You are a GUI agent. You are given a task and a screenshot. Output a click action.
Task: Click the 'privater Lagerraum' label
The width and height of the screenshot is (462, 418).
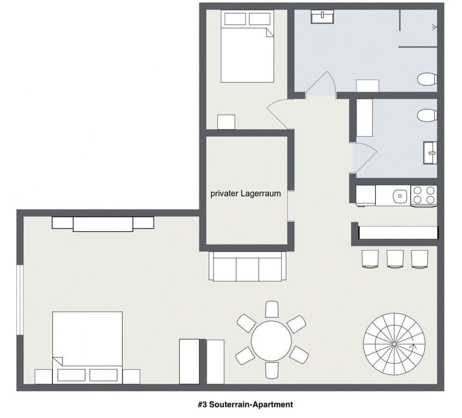coord(245,194)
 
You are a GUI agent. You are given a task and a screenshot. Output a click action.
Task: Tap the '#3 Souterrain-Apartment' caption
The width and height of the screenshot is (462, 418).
coord(245,405)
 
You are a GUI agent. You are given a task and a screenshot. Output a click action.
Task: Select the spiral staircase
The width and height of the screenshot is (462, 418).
coord(394,343)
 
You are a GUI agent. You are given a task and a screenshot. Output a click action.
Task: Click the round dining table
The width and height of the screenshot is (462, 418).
coord(271,341)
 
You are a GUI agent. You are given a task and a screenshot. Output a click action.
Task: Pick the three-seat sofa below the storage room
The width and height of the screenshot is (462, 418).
coord(247,267)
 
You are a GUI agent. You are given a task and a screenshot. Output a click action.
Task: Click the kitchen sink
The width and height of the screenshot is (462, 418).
coord(399,195)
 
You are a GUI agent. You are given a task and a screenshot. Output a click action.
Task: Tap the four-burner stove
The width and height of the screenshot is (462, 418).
coord(423,195)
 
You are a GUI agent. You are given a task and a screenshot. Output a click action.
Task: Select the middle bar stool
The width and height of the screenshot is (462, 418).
coord(395,259)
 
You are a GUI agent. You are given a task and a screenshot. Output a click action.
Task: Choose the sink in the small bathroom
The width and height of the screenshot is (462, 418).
coord(430,152)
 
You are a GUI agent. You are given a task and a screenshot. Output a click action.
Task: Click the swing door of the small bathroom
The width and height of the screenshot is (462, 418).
coord(364,157)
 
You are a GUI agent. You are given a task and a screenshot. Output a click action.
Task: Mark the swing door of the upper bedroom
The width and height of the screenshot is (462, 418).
coord(279,114)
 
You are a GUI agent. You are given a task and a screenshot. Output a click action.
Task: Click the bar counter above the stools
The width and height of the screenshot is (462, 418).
coord(398,233)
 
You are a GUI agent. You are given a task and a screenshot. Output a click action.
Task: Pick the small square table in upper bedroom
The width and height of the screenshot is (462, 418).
coord(226,122)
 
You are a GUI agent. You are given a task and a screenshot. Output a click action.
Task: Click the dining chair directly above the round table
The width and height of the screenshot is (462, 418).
coord(272,309)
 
